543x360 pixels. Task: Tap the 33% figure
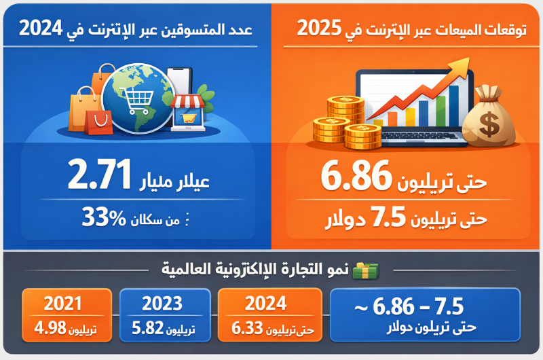coord(105,217)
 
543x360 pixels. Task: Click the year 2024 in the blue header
coord(42,29)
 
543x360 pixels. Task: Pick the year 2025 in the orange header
coord(320,29)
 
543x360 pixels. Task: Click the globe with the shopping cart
coord(140,98)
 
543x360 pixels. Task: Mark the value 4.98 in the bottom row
coord(51,329)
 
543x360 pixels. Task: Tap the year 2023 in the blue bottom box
coord(164,303)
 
